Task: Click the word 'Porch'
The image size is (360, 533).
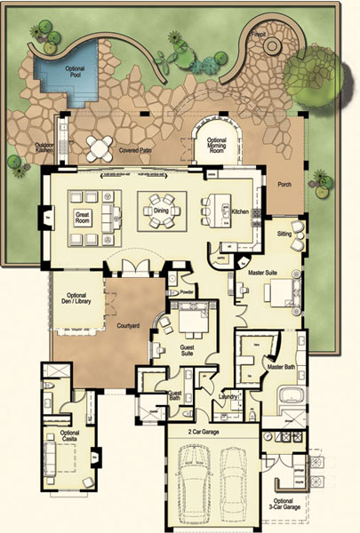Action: tap(284, 185)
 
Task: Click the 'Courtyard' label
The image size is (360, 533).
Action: tap(130, 327)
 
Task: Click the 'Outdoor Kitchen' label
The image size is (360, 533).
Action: tap(46, 148)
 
